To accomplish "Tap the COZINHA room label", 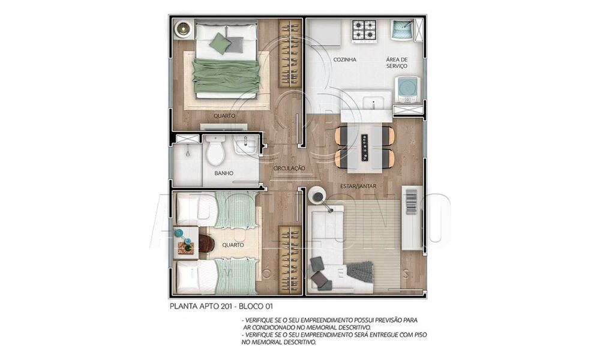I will (x=345, y=60).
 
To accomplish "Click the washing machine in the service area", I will (x=407, y=89).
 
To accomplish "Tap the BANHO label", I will (x=223, y=173).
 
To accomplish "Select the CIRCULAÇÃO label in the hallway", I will (x=289, y=169).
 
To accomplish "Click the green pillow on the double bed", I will (x=221, y=43).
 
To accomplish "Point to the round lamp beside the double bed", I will (x=183, y=28).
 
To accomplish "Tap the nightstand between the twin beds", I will (x=185, y=241).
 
